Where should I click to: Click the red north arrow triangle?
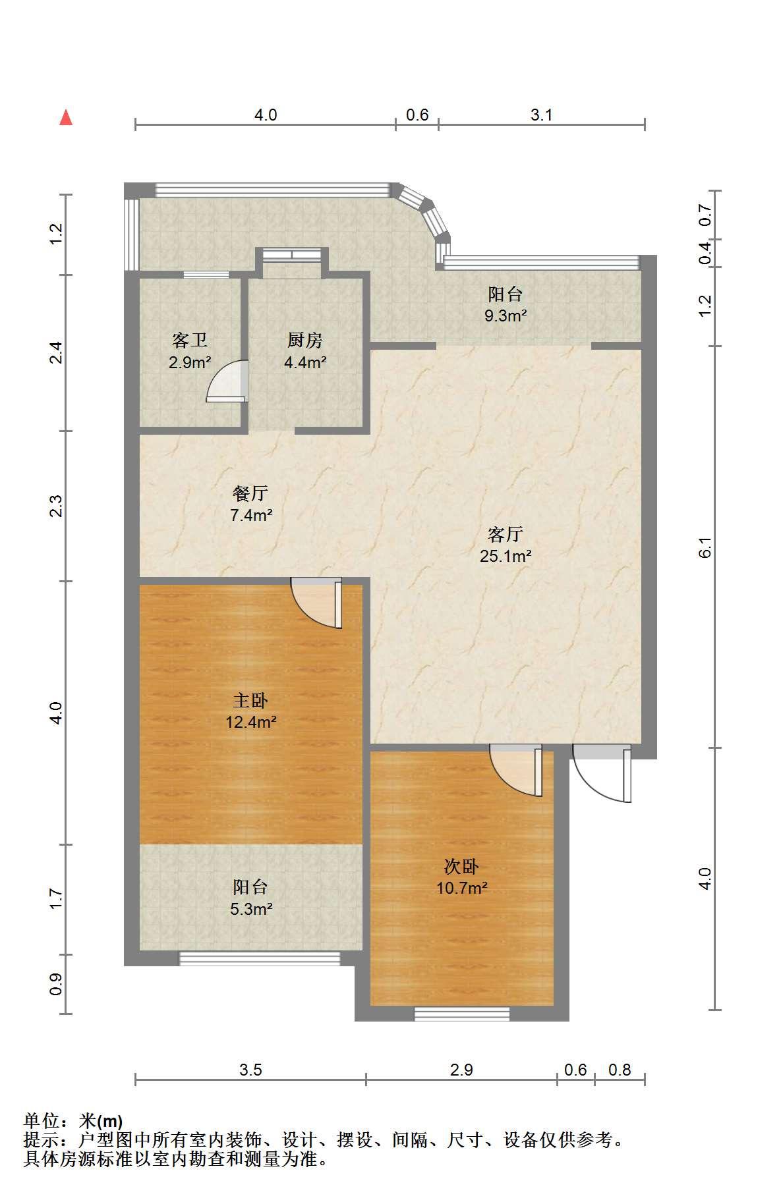coord(65,117)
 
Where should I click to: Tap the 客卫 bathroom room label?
coord(190,340)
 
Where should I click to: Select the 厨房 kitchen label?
coord(305,340)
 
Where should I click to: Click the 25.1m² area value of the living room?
coord(506,556)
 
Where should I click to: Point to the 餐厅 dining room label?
coord(250,493)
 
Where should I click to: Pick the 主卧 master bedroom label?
coord(250,699)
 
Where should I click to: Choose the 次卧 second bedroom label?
coord(461,866)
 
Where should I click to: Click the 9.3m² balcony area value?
coord(506,315)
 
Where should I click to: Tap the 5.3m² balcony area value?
coord(251,909)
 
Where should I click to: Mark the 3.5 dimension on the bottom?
coord(250,1070)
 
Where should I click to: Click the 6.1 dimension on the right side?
coord(705,547)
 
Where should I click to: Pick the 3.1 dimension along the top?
coord(541,115)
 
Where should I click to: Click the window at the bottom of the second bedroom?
coord(462,1014)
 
